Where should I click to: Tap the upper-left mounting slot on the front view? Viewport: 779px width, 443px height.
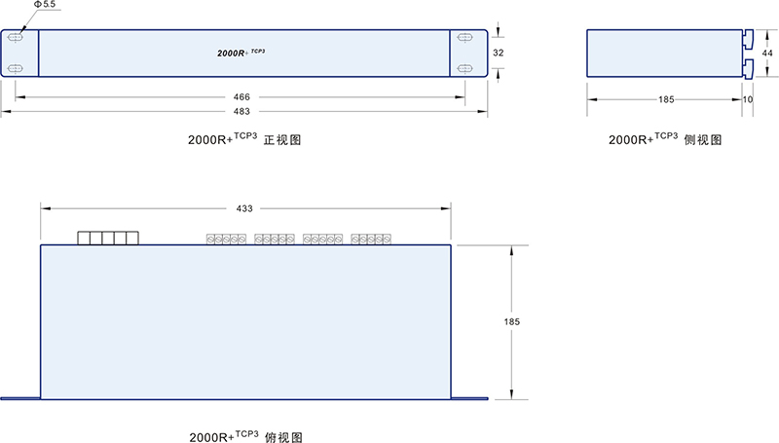17,36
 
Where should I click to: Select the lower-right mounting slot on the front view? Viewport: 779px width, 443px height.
464,68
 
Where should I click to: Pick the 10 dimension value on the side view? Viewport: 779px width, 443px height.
747,98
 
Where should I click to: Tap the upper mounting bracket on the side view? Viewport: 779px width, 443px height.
748,40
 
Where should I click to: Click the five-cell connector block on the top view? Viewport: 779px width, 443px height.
108,238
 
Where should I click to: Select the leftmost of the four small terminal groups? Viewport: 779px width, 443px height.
224,239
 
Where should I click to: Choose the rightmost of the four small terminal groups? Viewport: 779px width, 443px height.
370,239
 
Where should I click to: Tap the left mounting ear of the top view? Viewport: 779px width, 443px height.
19,397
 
